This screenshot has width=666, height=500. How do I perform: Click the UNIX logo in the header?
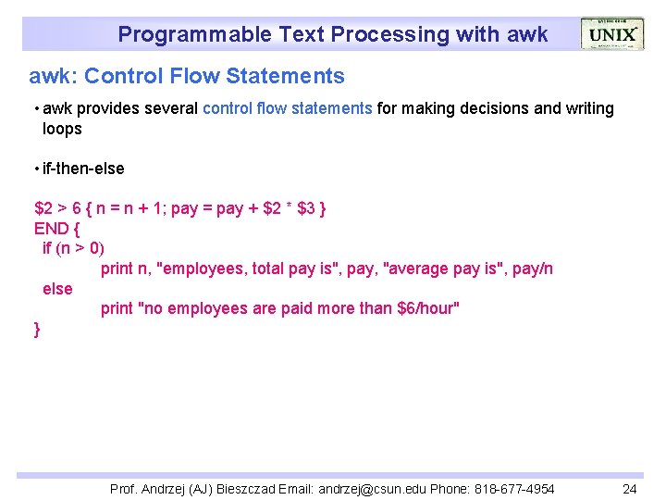point(611,34)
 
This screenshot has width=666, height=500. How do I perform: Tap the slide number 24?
point(630,489)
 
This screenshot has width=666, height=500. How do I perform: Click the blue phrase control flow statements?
point(287,108)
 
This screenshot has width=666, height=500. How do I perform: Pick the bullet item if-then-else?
point(81,169)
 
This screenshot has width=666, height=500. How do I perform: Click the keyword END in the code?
point(52,228)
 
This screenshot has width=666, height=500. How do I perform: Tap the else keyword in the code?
point(57,289)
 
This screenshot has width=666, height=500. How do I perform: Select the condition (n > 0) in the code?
point(80,248)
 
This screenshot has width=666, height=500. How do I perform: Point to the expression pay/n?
point(532,269)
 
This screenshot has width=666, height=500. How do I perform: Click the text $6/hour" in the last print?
point(427,308)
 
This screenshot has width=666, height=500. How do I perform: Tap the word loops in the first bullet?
point(62,129)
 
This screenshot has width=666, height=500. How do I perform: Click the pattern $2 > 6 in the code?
point(56,208)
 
